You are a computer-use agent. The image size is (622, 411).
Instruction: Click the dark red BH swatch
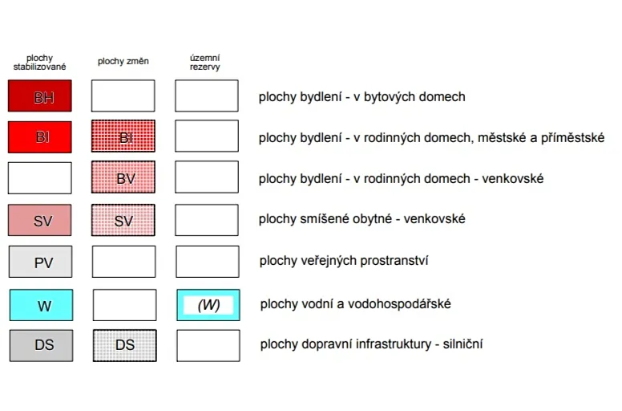(39, 96)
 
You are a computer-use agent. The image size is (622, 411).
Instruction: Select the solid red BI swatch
(39, 137)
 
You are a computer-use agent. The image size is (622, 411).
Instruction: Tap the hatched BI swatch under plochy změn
(123, 136)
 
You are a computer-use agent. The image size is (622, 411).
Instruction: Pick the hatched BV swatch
(123, 177)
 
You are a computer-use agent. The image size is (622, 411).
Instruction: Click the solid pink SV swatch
(39, 220)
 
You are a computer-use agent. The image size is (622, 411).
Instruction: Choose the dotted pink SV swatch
(123, 220)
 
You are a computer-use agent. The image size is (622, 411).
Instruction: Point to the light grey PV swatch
(40, 262)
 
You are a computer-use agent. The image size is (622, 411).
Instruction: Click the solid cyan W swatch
(41, 305)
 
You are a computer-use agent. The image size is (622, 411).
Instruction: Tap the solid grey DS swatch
(41, 345)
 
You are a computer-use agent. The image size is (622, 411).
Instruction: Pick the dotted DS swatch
(125, 345)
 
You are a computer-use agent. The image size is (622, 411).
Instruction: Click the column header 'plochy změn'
(123, 61)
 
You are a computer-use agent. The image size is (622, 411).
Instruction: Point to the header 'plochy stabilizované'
(39, 63)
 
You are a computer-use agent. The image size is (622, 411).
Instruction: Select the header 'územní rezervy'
(204, 63)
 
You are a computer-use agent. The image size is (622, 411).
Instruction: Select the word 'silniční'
(463, 344)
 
